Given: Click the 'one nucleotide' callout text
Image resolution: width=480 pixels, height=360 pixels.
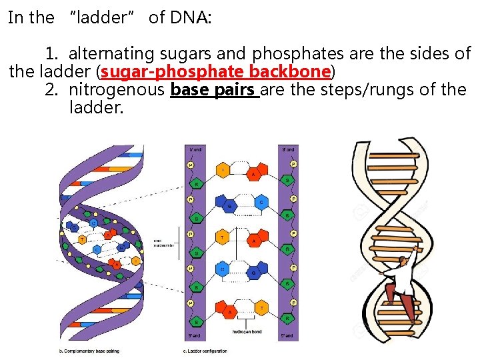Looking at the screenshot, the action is pos(163,243).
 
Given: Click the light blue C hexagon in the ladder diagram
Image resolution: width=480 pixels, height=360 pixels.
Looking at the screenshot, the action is pos(261,202).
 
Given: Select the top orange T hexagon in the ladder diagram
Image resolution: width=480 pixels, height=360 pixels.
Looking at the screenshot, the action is pos(222,171).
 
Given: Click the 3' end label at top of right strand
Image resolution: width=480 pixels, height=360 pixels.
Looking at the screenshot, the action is pos(288,149).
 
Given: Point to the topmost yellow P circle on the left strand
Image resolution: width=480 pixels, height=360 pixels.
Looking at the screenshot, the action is pos(191,164).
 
